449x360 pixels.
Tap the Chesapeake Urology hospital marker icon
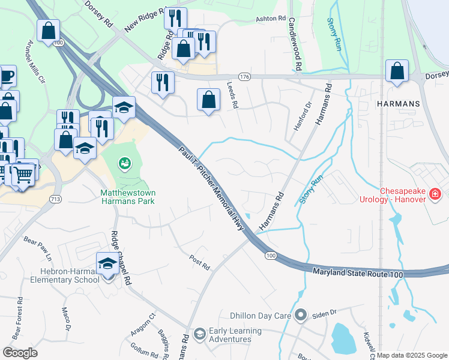click(435, 194)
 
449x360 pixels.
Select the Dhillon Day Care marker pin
click(301, 315)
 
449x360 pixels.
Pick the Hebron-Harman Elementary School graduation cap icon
click(107, 263)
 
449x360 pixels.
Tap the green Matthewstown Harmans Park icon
click(124, 162)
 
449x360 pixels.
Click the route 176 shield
click(244, 77)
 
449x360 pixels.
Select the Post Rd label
click(199, 262)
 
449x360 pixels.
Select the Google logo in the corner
click(20, 353)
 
